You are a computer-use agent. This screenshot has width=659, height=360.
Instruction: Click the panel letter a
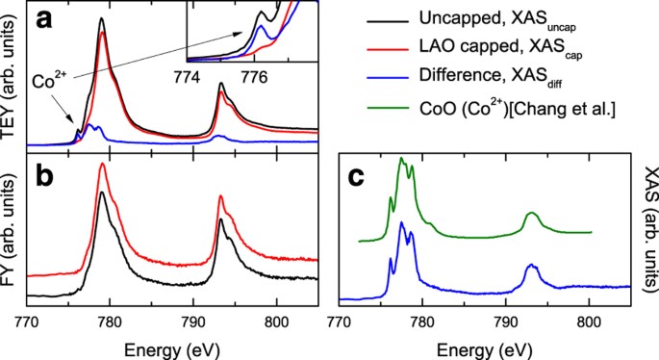[44, 20]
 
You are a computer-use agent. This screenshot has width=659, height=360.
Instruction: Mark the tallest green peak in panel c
[401, 158]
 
